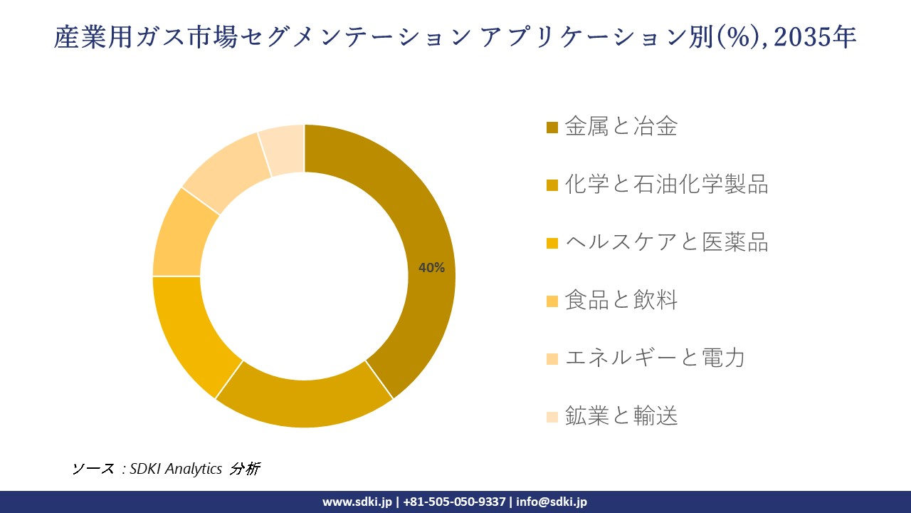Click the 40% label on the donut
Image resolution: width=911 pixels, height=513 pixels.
431,268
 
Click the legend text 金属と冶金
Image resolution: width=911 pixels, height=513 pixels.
621,127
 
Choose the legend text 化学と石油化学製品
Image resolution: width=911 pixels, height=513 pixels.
666,185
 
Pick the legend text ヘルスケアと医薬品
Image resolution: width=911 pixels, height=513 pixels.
666,242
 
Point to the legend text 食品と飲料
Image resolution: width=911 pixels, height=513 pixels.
621,300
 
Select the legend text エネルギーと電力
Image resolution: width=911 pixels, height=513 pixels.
655,358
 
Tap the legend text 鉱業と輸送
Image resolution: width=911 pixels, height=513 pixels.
621,415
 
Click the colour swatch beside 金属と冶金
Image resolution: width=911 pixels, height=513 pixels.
552,128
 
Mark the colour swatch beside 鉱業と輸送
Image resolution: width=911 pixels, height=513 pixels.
552,416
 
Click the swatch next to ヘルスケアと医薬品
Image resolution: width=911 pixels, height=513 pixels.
552,243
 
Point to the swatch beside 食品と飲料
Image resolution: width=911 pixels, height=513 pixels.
552,301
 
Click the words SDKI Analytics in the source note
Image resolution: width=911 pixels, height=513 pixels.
176,469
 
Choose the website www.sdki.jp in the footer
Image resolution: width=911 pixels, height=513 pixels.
357,502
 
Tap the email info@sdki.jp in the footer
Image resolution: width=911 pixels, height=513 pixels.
552,502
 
